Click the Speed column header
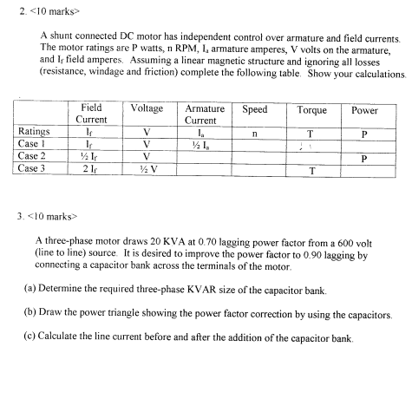254,111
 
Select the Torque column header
311,111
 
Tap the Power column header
365,111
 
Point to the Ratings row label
34,133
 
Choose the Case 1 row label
33,145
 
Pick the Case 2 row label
33,157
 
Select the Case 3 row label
33,169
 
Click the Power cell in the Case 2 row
365,158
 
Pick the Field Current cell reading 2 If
91,170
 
